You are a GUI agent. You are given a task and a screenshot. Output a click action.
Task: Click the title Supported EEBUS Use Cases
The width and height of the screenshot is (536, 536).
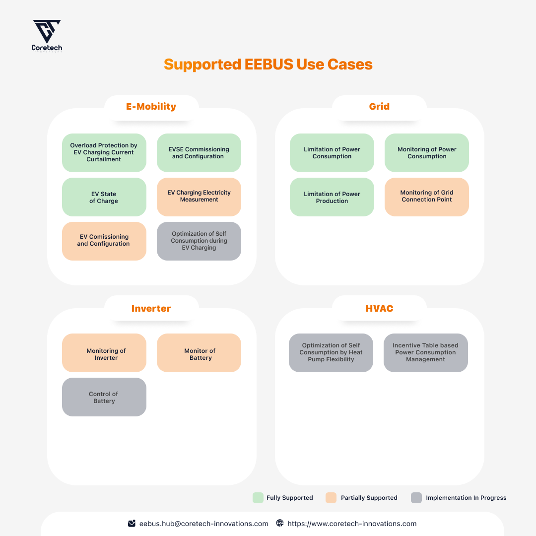click(x=268, y=65)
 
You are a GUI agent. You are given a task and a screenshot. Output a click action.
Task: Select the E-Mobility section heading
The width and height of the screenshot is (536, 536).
click(x=151, y=106)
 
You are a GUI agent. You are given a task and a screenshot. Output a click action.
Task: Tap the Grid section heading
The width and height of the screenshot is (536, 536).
click(x=379, y=106)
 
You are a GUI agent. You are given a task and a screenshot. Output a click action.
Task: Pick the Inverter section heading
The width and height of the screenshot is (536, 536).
click(x=151, y=308)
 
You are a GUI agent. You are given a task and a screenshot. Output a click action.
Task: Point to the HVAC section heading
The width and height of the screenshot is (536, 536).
click(x=379, y=308)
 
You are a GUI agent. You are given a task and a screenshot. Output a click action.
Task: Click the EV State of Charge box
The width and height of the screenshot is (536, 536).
click(x=104, y=197)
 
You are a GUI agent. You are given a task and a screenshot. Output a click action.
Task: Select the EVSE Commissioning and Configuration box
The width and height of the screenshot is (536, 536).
click(x=199, y=153)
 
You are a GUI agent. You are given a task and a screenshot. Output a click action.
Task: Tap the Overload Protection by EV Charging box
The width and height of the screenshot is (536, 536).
click(x=104, y=153)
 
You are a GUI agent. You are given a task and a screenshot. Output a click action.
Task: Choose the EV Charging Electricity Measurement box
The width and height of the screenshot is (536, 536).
click(x=199, y=197)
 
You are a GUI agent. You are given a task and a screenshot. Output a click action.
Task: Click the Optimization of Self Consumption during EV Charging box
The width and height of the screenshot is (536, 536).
click(x=199, y=241)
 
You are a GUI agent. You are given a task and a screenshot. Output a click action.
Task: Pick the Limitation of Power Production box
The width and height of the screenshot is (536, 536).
click(x=332, y=197)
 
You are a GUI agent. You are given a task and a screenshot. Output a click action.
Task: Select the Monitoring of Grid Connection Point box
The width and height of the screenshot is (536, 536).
click(x=427, y=197)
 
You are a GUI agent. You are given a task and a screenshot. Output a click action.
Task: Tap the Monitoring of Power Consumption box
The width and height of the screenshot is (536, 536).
click(x=427, y=153)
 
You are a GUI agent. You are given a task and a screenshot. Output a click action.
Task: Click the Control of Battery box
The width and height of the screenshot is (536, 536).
click(x=104, y=397)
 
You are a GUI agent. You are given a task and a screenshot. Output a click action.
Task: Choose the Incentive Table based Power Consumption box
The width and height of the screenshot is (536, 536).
click(x=426, y=353)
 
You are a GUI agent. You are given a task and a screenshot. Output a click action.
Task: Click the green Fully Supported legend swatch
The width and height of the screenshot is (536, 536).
click(x=258, y=498)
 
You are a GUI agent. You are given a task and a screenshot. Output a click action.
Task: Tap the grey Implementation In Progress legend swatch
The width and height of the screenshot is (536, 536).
click(x=416, y=498)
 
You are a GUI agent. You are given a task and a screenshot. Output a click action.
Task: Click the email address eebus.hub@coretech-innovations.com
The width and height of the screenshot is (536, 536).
click(x=203, y=524)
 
